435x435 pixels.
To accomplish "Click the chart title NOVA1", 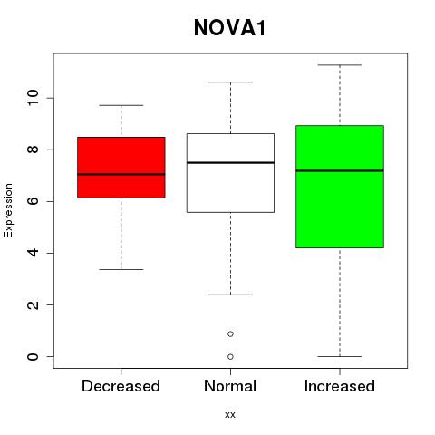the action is click(x=229, y=28).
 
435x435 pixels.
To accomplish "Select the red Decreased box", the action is click(x=121, y=168).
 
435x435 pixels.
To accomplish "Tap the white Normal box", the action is click(x=230, y=173).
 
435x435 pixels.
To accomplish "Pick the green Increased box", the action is click(x=340, y=187).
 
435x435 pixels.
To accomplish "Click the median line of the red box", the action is click(x=121, y=174).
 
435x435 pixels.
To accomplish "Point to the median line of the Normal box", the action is click(x=230, y=163).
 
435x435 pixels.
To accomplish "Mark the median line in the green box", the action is click(x=340, y=170).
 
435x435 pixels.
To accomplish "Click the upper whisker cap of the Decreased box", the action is click(x=121, y=105).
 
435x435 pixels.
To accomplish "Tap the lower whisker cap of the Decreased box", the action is click(x=121, y=269).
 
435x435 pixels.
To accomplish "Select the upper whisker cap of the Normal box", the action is click(x=230, y=82).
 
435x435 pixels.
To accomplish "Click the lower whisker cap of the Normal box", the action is click(x=230, y=295).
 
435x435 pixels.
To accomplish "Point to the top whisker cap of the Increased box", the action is click(x=340, y=65).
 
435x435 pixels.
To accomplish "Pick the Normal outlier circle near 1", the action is click(x=230, y=334).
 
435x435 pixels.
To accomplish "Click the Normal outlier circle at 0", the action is click(x=230, y=357).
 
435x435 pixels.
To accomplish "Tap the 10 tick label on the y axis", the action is click(x=33, y=98).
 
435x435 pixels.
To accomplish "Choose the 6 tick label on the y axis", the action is click(x=33, y=201).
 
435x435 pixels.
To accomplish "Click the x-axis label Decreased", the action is click(x=121, y=386).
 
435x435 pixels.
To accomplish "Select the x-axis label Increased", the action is click(x=340, y=386).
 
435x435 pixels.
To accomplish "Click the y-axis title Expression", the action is click(x=8, y=210).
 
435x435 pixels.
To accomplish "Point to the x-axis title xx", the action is click(x=230, y=415).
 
